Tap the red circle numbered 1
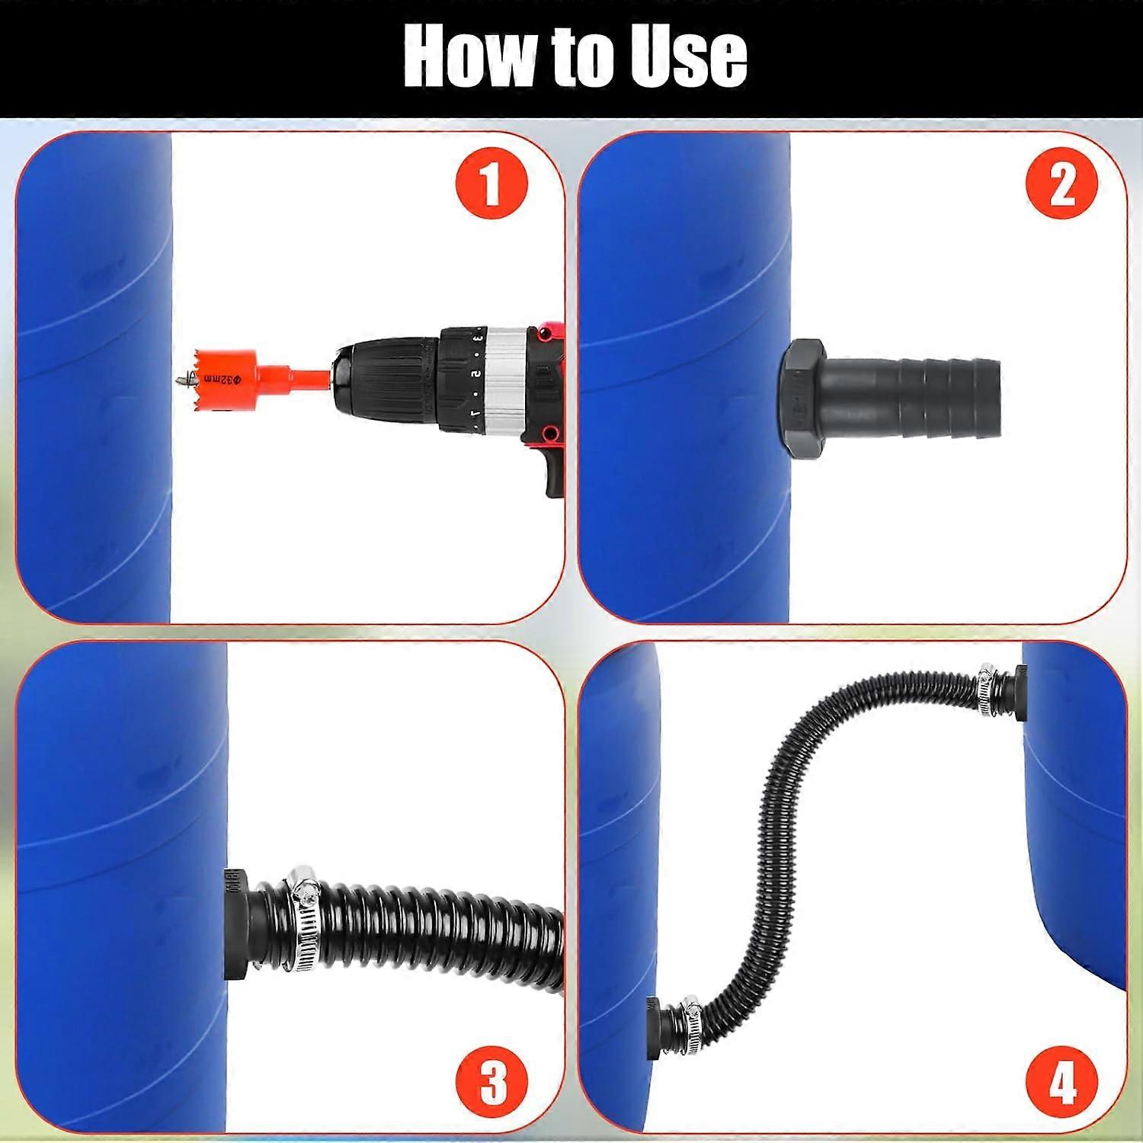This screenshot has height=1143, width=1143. pyautogui.click(x=491, y=184)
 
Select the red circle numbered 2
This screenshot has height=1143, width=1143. pyautogui.click(x=1061, y=184)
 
